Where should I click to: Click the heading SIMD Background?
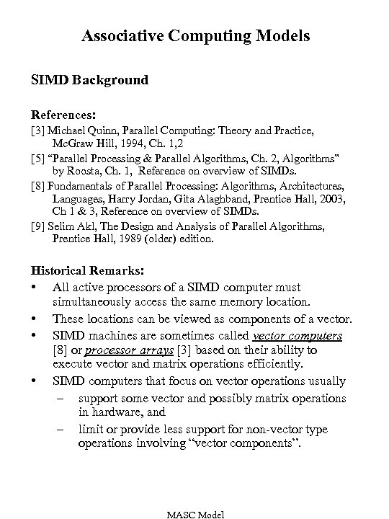tap(89, 79)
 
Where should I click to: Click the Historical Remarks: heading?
tap(87, 271)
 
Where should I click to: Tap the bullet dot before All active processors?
tap(35, 286)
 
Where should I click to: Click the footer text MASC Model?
tap(195, 513)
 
